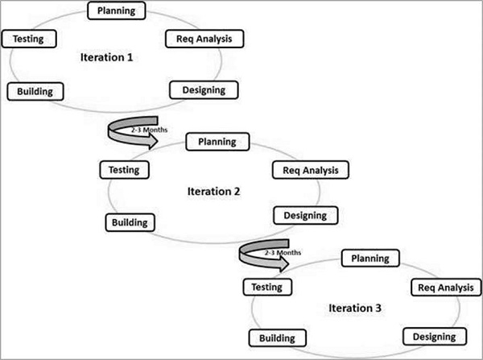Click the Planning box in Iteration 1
pos(116,11)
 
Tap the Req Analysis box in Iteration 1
pos(204,39)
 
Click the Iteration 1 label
pos(106,58)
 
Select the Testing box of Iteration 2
pos(125,170)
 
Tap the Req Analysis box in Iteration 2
pos(311,170)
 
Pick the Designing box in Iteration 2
pos(305,215)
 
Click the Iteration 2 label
pos(213,192)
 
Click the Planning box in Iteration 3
pos(370,259)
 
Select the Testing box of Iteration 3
pos(266,287)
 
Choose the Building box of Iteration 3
pos(277,338)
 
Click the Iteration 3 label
pos(355,308)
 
